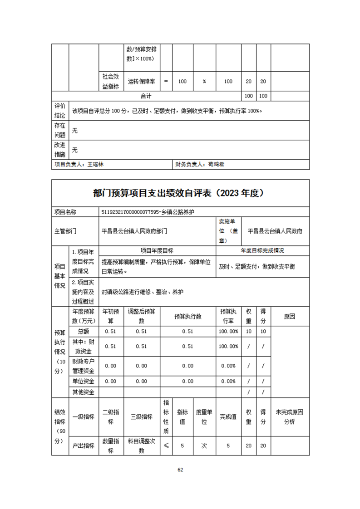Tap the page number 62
click(x=180, y=470)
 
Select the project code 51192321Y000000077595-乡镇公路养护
click(x=149, y=212)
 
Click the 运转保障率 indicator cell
click(x=142, y=82)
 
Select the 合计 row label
click(x=146, y=96)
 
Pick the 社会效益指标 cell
click(x=111, y=82)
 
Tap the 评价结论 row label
click(x=60, y=111)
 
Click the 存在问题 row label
click(x=60, y=130)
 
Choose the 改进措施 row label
click(x=60, y=150)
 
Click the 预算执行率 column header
click(x=229, y=316)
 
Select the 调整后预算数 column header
click(x=142, y=316)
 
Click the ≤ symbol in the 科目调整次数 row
click(x=166, y=446)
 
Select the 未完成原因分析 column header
click(x=289, y=417)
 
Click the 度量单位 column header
click(x=204, y=417)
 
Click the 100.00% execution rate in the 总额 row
click(x=229, y=332)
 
